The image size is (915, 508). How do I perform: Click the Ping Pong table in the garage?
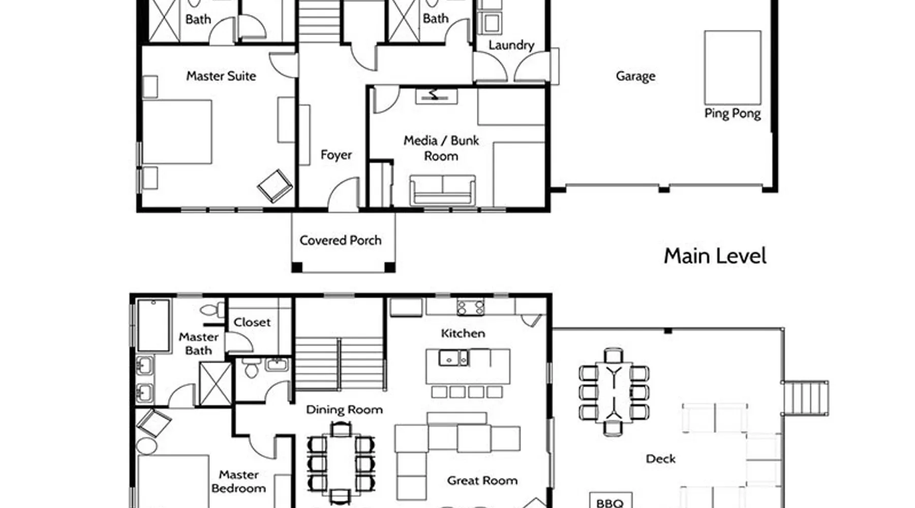pos(733,68)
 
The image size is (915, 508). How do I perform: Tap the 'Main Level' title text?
pos(715,256)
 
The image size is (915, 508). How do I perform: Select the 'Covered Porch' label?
pos(340,240)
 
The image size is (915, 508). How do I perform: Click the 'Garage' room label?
pos(635,76)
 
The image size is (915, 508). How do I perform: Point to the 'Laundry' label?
pos(511,45)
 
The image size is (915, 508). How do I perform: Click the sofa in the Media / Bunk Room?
pos(443,190)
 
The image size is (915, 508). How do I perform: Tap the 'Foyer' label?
pos(336,155)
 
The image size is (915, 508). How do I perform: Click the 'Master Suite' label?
pos(221,76)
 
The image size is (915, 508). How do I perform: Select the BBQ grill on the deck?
pos(610,500)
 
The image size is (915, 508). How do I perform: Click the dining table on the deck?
pos(614,392)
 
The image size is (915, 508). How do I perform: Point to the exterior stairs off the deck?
pos(806,398)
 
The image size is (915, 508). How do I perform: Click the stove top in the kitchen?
pos(470,307)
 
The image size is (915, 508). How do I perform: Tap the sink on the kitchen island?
pos(454,358)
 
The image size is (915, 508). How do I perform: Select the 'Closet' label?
pos(252,323)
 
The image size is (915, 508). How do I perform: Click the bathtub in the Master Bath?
pos(154,325)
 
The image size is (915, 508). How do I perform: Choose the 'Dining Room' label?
pos(344,410)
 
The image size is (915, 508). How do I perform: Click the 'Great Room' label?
pos(482,481)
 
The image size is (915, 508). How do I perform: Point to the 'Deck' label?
pos(660,459)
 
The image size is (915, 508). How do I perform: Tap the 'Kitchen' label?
pos(463,334)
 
